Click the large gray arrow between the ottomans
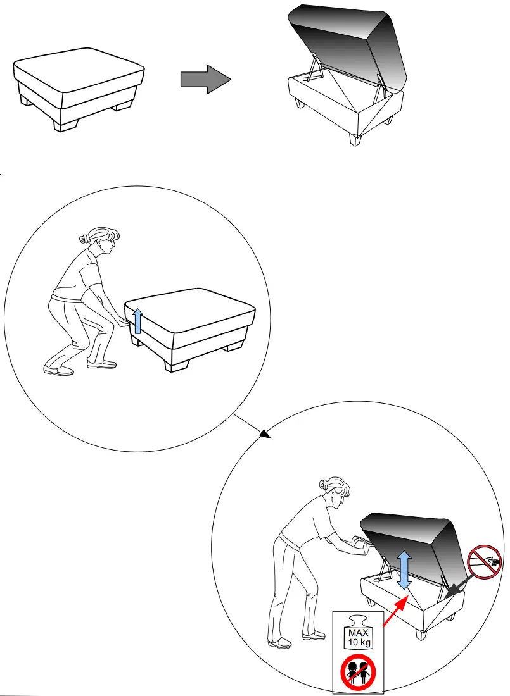point(204,79)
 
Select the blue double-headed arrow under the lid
point(404,569)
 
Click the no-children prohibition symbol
point(358,673)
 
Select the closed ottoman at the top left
point(79,89)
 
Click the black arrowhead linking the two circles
point(264,434)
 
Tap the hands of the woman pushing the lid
point(360,544)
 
